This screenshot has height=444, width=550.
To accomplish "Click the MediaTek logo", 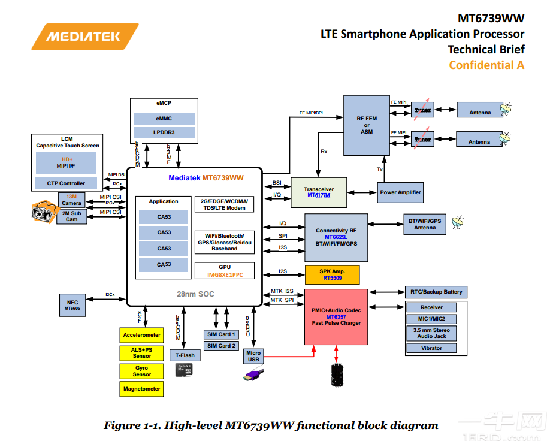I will click(85, 37).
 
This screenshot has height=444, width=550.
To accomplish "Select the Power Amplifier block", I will click(400, 192).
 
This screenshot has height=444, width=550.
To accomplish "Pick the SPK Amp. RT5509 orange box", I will click(333, 275).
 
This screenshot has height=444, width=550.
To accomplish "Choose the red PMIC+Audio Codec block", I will click(336, 317).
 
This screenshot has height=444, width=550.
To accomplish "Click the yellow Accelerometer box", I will click(141, 335).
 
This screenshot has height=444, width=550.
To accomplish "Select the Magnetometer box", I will click(141, 389).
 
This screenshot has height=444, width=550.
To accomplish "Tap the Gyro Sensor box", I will click(141, 371).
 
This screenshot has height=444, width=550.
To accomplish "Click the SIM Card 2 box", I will click(221, 346).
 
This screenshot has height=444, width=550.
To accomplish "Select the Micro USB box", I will click(253, 356).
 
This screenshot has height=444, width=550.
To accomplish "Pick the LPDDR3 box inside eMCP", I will click(164, 132).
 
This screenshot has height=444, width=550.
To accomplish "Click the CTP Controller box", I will click(66, 183).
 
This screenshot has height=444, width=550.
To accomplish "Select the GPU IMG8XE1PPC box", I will click(224, 270).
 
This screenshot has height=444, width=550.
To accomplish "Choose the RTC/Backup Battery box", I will click(436, 292).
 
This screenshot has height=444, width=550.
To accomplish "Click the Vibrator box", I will click(431, 348).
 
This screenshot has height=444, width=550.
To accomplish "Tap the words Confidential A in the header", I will click(486, 65).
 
